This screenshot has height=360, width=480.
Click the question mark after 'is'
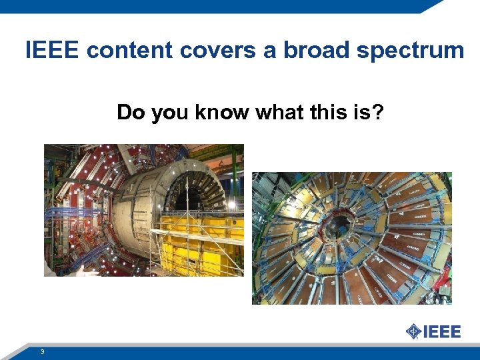tap(377, 113)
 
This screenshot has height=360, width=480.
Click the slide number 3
tap(42, 351)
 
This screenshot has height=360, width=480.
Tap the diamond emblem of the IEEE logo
tap(413, 331)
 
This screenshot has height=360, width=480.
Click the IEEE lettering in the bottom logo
tap(442, 331)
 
